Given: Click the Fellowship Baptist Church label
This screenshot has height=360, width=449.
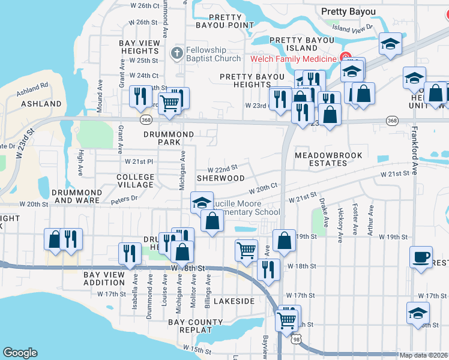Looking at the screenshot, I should click(205, 54).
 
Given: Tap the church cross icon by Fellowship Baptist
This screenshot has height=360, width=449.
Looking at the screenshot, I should click(176, 53).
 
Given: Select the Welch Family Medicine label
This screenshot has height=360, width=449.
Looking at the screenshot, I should click(293, 59).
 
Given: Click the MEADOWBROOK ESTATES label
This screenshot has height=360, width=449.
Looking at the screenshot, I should click(328, 159).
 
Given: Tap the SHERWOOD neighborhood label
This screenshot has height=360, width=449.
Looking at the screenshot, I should click(221, 178).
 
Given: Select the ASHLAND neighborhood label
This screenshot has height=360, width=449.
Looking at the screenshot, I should click(41, 104).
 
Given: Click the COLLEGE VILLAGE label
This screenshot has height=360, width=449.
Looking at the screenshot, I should click(135, 182).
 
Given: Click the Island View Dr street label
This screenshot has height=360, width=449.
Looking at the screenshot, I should click(352, 28).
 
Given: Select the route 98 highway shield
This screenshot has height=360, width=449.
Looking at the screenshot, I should click(295, 340).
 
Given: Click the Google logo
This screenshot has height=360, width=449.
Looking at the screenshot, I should click(20, 353).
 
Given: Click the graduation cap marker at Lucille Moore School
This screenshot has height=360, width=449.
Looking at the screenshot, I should click(202, 202).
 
